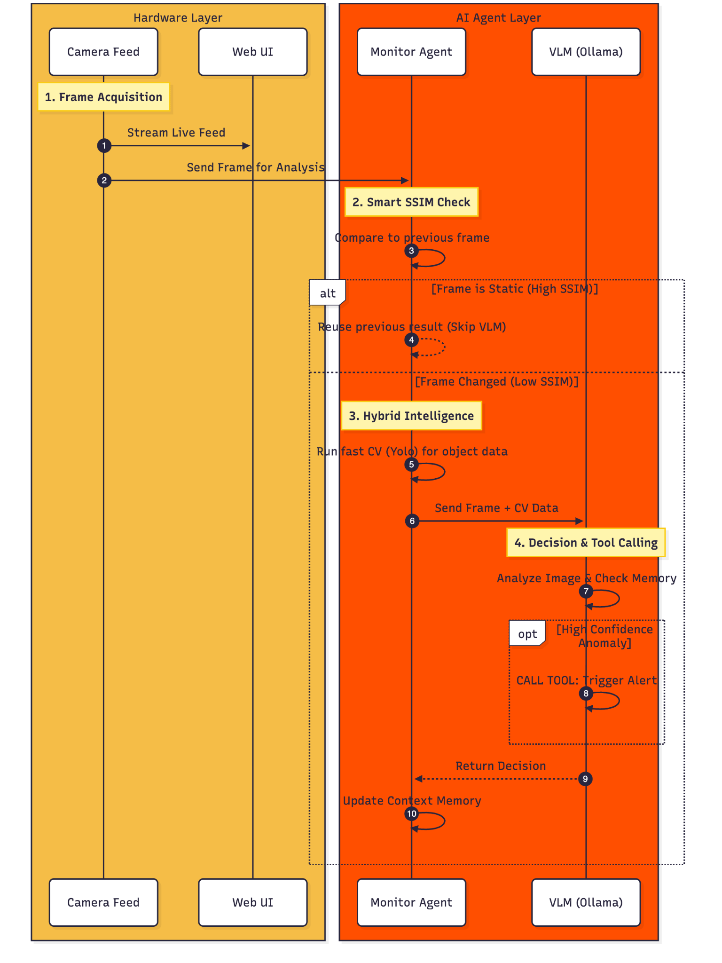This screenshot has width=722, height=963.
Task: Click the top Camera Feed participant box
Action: tap(103, 52)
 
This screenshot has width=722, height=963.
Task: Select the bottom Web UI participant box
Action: tap(252, 902)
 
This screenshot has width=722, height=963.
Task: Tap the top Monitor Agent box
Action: tap(411, 52)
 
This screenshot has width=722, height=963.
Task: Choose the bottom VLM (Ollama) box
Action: tap(586, 902)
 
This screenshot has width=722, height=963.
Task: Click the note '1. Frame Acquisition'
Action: tap(103, 97)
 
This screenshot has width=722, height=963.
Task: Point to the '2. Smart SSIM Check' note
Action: tap(411, 202)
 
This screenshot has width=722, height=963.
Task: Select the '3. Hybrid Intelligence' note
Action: tap(411, 416)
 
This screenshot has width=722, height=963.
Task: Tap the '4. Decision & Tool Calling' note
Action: tap(586, 543)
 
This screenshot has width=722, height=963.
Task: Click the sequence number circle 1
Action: tap(104, 146)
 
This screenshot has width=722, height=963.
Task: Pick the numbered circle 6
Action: tap(412, 521)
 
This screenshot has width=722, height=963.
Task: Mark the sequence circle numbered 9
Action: tap(585, 779)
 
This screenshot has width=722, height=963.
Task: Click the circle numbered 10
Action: tap(411, 813)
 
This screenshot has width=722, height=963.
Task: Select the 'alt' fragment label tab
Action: tap(328, 293)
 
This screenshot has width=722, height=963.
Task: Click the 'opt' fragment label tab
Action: tap(527, 634)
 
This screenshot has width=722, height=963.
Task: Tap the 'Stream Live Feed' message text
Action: tap(176, 133)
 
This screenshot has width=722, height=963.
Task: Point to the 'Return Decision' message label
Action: tap(501, 766)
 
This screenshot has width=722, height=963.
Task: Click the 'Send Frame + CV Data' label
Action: tap(496, 508)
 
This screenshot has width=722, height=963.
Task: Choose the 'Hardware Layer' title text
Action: tap(178, 18)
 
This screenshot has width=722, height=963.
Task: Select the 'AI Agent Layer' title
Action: tap(498, 18)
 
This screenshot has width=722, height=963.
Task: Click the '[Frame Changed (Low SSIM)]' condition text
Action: tap(496, 381)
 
